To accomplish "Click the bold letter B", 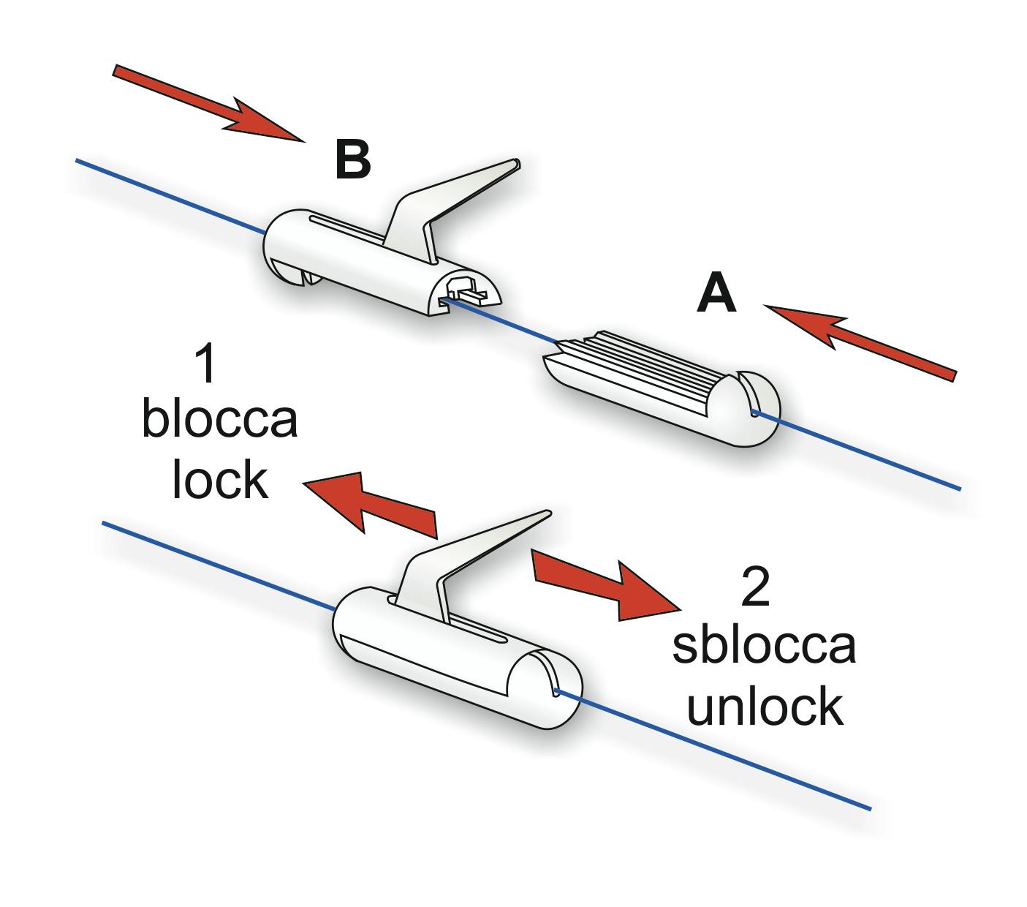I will [x=352, y=160].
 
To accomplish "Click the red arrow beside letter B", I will [x=208, y=102].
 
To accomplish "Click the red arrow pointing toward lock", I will [x=369, y=500].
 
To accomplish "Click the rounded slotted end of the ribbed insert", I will [x=753, y=410].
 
